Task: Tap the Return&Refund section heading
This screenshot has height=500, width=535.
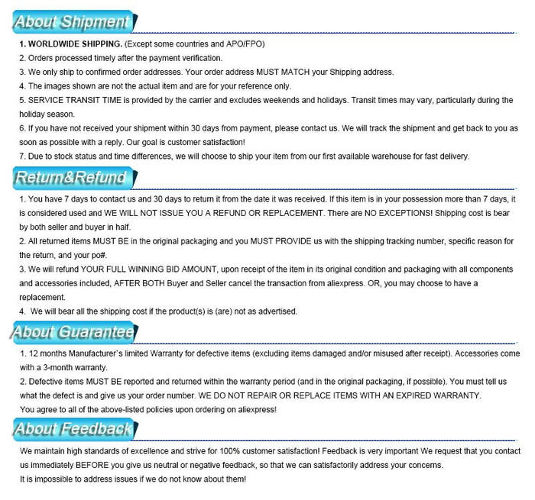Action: [70, 179]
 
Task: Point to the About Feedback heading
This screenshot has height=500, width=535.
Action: [73, 429]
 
